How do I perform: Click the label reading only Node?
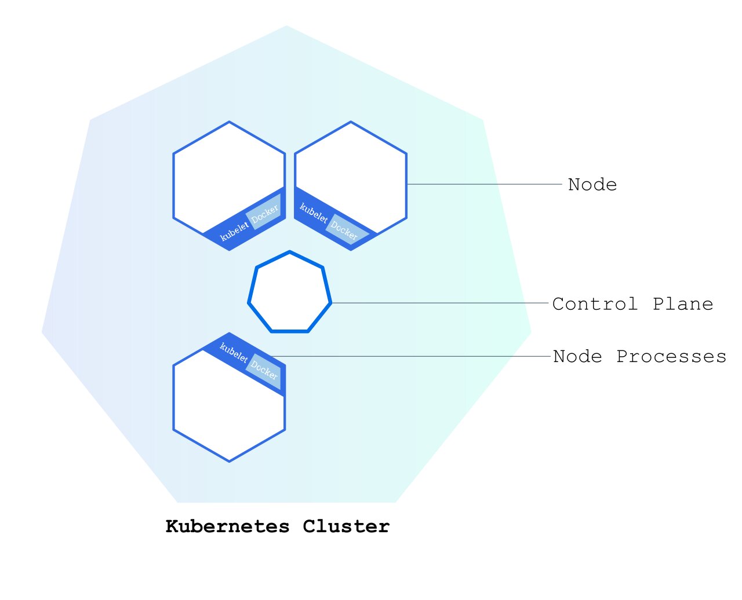[x=592, y=185]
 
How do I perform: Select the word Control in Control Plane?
[x=595, y=304]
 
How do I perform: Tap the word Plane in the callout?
[x=683, y=304]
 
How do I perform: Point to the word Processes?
[x=671, y=356]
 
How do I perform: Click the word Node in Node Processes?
[x=577, y=356]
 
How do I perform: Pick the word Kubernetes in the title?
[x=227, y=526]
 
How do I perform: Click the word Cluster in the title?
[x=346, y=526]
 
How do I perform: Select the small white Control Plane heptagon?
[x=290, y=293]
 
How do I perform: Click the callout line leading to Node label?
[x=484, y=184]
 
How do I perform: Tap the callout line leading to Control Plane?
[x=441, y=303]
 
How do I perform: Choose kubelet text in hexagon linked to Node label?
[x=314, y=213]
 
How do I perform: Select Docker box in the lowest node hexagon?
[x=264, y=370]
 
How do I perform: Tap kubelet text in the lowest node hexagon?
[x=234, y=352]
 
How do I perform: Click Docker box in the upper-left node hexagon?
[x=264, y=213]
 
